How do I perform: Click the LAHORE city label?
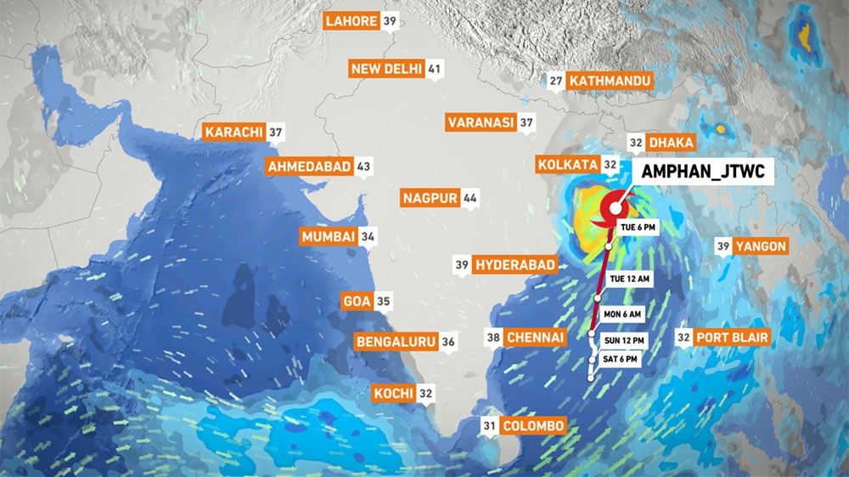click(x=351, y=21)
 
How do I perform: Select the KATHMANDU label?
click(x=610, y=81)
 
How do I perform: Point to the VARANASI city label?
click(x=481, y=123)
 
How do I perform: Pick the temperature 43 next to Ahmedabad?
click(x=364, y=166)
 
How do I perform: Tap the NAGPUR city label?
click(x=430, y=199)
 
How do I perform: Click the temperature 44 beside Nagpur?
click(x=470, y=199)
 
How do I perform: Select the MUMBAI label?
click(x=327, y=237)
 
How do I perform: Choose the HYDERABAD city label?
click(x=515, y=265)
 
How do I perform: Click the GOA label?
click(x=356, y=300)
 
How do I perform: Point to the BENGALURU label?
click(x=396, y=341)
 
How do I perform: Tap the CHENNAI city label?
click(x=535, y=338)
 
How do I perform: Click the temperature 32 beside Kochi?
click(x=426, y=394)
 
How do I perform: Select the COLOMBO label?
click(x=532, y=426)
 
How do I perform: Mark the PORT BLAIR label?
click(x=733, y=338)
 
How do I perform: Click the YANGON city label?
click(x=762, y=246)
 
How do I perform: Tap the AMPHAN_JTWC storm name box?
click(x=704, y=171)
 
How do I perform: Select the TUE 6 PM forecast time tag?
click(x=638, y=227)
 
